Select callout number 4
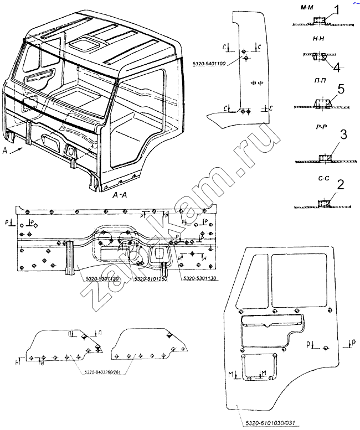click(337, 67)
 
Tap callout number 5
click(341, 89)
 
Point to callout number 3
click(343, 135)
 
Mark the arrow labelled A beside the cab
click(15, 150)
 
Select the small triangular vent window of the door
click(250, 282)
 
